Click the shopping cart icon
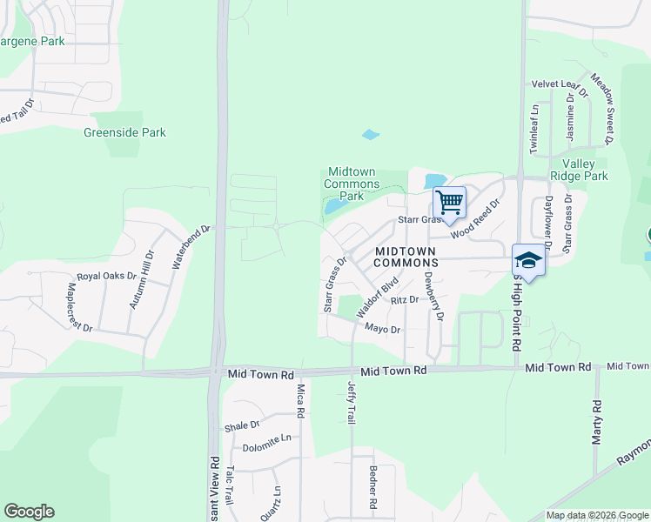click(x=450, y=204)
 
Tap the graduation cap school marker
click(x=527, y=260)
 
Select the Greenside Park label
click(x=124, y=133)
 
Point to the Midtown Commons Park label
click(x=352, y=184)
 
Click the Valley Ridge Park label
click(x=584, y=170)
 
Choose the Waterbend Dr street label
click(x=191, y=246)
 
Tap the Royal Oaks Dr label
click(x=107, y=277)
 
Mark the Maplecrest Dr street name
click(x=80, y=305)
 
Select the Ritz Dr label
click(x=405, y=300)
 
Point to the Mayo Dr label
click(x=382, y=330)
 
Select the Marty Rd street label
click(x=597, y=422)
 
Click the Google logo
click(x=29, y=512)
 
